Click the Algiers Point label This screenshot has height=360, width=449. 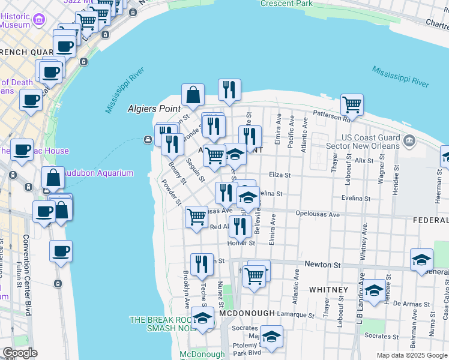pos(154,109)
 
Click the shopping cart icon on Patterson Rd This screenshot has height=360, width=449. pos(352,105)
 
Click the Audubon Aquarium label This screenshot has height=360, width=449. pos(100,173)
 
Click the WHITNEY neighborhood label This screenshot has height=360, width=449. pos(328,290)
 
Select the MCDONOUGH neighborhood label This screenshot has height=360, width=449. pos(247,314)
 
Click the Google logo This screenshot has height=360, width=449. pos(20,353)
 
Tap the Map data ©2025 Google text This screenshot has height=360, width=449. pos(411,355)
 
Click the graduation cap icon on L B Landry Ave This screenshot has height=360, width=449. pos(374,291)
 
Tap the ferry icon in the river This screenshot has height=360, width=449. pos(148,140)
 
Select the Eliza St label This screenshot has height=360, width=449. pos(279,176)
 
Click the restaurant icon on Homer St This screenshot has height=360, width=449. pos(240,227)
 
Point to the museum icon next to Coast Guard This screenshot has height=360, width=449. pos(410,142)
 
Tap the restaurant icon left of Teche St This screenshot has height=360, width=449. pos(202,264)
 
